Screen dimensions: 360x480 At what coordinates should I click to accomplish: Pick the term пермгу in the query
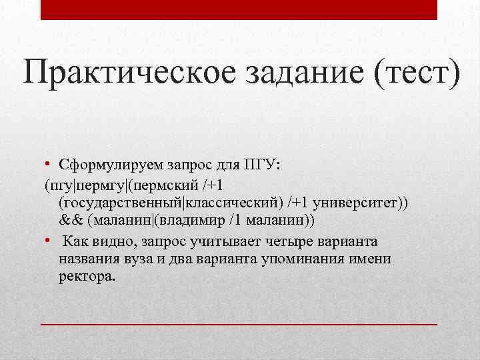coord(103,183)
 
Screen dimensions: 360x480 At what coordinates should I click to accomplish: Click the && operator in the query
coord(70,220)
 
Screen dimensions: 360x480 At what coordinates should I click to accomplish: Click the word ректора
coord(87,277)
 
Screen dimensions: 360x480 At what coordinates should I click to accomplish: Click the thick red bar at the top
coord(239,9)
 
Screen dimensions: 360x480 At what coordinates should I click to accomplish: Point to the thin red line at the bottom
coord(239,323)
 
